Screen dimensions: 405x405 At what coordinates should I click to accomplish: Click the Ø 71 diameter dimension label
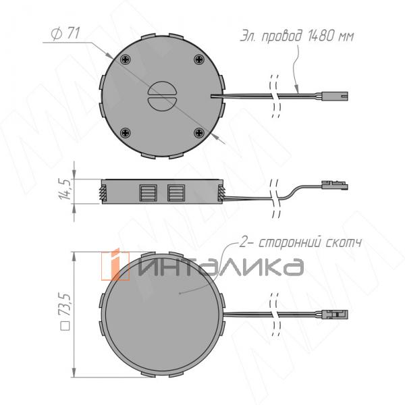(x=65, y=34)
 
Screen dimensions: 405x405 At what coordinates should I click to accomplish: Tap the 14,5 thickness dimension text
(x=65, y=189)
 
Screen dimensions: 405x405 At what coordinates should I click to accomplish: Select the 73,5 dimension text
(x=65, y=305)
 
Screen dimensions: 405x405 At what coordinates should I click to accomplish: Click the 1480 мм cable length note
(x=297, y=36)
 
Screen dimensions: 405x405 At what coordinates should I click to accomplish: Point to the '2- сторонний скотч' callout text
(x=300, y=243)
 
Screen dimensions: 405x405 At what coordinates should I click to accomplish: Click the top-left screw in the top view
(x=126, y=59)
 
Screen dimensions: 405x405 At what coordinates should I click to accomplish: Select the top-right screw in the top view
(x=199, y=59)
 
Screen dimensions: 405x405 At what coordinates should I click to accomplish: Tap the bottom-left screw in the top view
(x=126, y=133)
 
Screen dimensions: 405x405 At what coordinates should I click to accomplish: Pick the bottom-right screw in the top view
(x=199, y=133)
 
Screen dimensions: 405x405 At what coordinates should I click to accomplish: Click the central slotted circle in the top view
(x=162, y=96)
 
